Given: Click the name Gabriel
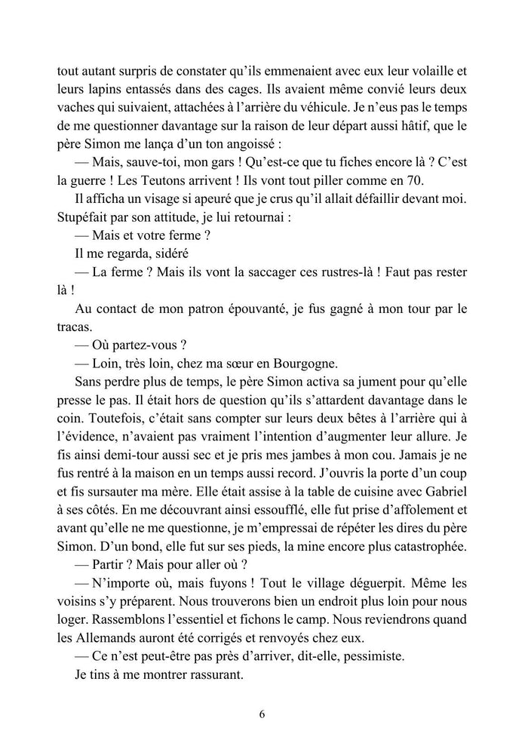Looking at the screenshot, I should click(x=443, y=503).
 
